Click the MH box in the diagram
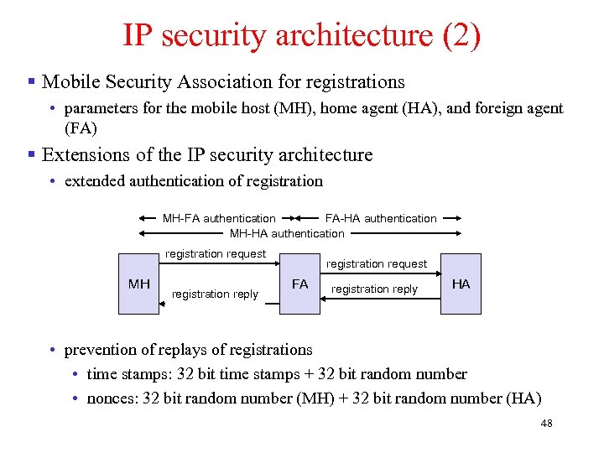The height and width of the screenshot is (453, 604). [138, 284]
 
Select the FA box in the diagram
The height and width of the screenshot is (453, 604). [299, 284]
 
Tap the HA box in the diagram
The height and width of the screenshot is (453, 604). [461, 284]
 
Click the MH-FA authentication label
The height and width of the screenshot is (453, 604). [219, 218]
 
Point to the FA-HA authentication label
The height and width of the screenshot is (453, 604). [381, 218]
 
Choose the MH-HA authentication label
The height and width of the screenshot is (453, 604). [287, 233]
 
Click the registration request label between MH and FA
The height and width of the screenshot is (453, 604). [216, 253]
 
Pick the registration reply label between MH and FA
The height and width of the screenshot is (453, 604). [215, 294]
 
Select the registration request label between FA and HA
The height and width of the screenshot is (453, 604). [377, 263]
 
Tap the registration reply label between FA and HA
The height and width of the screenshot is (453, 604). [375, 289]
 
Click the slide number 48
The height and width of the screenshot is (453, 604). [546, 424]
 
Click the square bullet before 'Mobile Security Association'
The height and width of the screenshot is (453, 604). [31, 82]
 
